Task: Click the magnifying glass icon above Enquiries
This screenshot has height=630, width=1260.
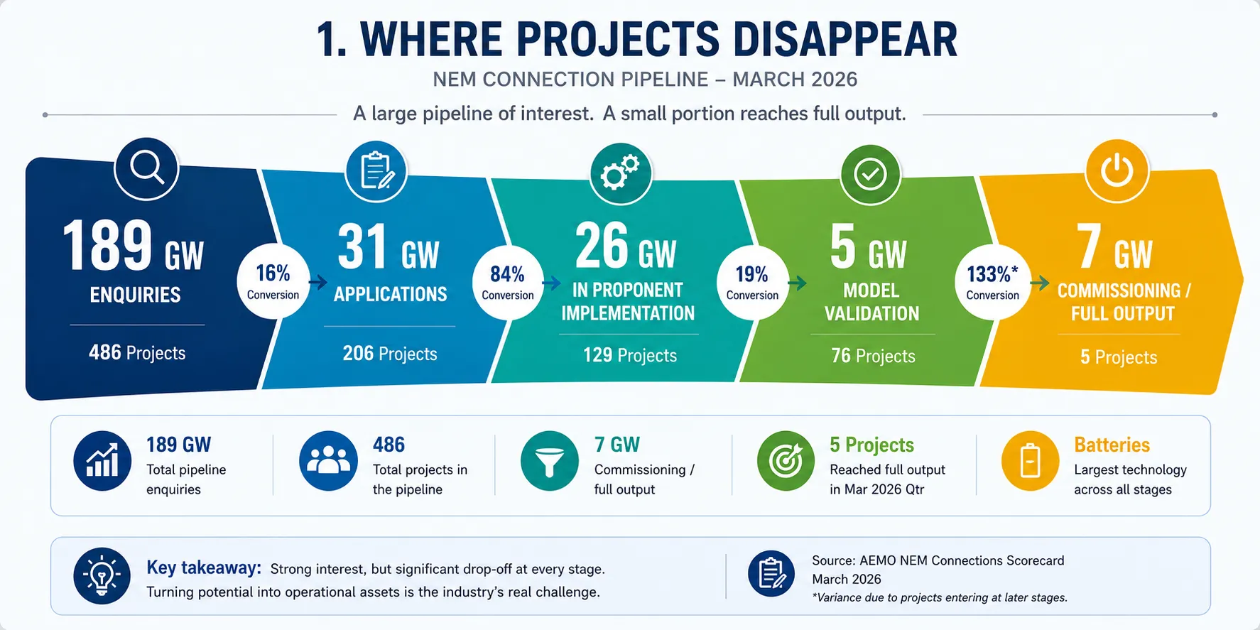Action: coord(146,169)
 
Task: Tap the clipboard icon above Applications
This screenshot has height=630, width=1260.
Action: coord(376,171)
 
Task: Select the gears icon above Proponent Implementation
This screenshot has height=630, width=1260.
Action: coord(621,173)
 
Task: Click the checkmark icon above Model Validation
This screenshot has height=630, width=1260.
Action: coord(870,175)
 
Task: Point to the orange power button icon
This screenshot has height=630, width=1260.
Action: coord(1117,171)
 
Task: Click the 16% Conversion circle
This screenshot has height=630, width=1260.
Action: coord(273,281)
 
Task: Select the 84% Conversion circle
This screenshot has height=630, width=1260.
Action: coord(508,282)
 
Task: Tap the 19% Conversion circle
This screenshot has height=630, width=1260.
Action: coord(752,282)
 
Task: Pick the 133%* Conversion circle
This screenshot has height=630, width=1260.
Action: coord(992,282)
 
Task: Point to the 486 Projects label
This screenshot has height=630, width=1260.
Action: coord(137,353)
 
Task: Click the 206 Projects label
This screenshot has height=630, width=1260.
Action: coord(390,354)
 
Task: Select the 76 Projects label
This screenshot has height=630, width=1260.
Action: coord(873,356)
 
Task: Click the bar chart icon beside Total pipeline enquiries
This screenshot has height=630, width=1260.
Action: coord(102,460)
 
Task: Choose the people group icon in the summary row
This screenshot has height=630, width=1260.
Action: coord(328,460)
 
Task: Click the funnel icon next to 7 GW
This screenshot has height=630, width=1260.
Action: coord(549,460)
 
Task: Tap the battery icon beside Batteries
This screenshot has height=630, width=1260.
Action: coord(1030,460)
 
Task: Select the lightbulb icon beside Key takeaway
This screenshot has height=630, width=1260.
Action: coord(102,575)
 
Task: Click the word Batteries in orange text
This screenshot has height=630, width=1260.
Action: coord(1112,445)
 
